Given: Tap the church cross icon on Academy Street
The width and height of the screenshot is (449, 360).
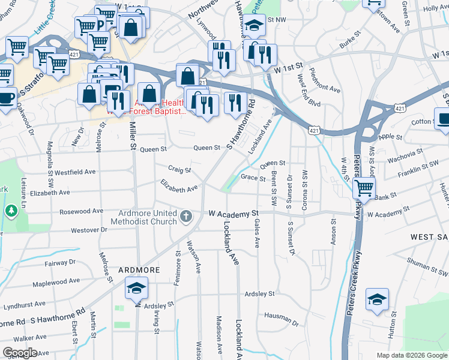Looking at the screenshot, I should point(186,215).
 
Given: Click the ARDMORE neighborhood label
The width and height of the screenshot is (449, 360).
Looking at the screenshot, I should point(139,270).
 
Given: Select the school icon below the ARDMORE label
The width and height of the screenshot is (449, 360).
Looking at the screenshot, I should point(136,289).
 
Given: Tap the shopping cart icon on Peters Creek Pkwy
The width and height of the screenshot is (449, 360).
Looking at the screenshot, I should point(364,187).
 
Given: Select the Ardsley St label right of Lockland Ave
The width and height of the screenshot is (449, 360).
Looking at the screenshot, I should point(259,294).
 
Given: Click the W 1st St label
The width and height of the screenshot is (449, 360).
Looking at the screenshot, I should point(286,70).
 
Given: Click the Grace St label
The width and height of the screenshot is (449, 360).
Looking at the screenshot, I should point(253,178).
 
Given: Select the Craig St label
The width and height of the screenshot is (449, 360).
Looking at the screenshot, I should point(179,170).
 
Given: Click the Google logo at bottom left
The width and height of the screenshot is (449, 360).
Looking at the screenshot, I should point(20,353).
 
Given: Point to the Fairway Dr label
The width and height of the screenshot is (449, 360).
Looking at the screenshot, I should point(60,263).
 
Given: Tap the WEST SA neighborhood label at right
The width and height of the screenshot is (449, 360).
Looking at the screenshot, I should point(429,238).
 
